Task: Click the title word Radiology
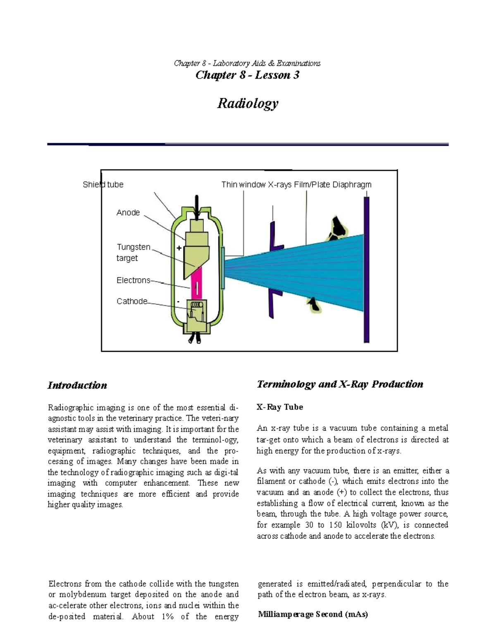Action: point(248,103)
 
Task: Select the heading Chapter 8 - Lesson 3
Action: point(247,75)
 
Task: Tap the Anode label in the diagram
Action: point(128,212)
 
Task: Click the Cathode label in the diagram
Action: point(132,301)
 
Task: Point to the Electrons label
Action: point(133,280)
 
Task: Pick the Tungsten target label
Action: point(133,253)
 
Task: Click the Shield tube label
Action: point(103,184)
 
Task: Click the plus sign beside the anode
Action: point(179,248)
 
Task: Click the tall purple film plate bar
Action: point(366,269)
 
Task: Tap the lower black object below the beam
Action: point(313,304)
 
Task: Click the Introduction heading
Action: point(77,385)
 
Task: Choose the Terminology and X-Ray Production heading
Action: point(340,384)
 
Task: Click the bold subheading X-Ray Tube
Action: point(280,407)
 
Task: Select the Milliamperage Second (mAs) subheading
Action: point(313,614)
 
